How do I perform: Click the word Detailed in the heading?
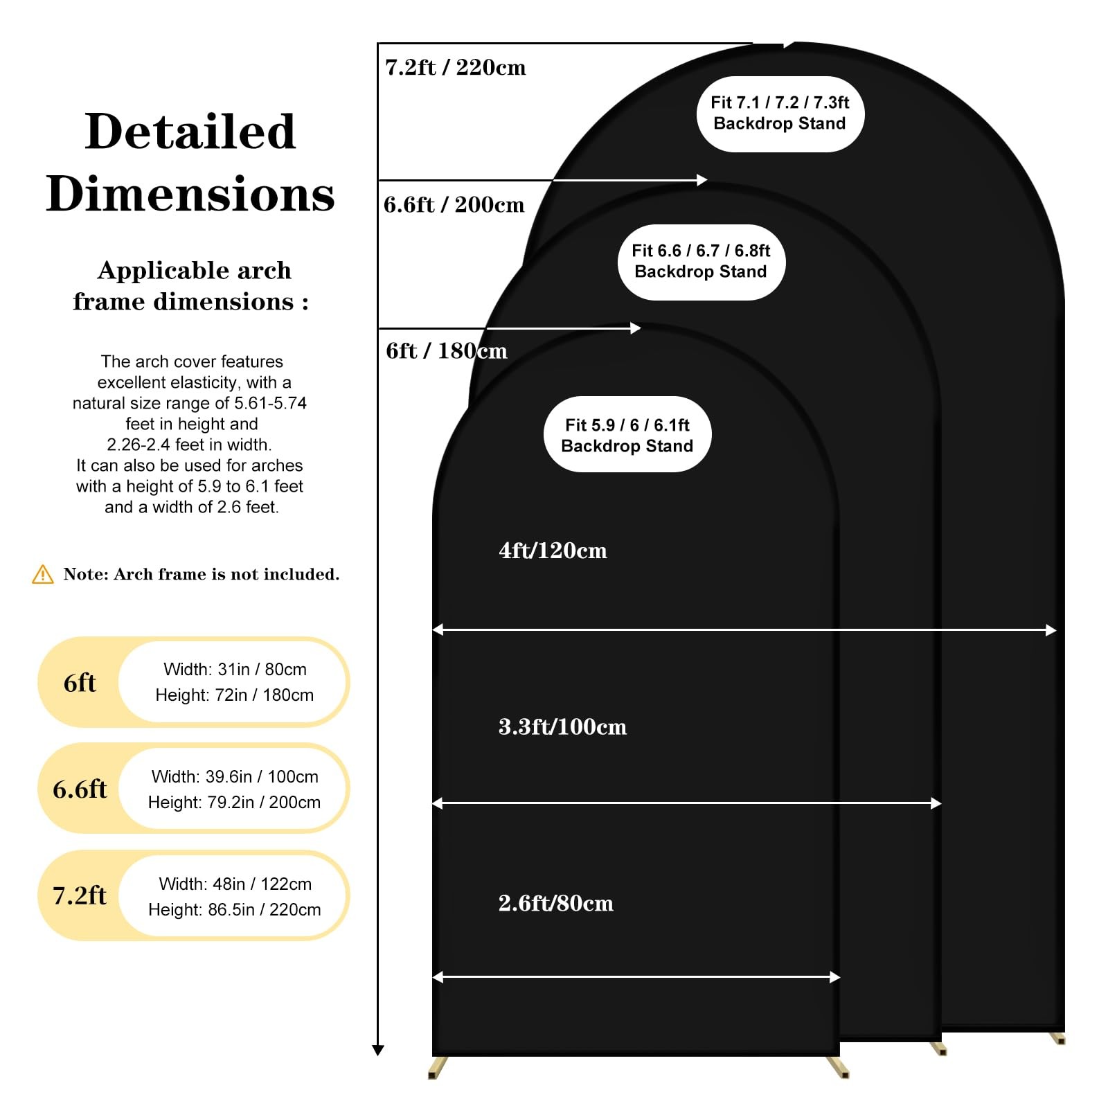point(190,131)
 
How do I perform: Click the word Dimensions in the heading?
point(190,193)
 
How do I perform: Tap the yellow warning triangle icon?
point(43,574)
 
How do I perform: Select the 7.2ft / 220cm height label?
point(455,67)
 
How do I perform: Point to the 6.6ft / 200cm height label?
point(454,204)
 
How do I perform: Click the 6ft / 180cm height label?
point(447,350)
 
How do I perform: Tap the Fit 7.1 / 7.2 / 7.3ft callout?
point(780,114)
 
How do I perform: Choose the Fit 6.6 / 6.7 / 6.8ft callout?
point(701,262)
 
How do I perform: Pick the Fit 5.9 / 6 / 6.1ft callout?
point(627,435)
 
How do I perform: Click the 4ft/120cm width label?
point(553,551)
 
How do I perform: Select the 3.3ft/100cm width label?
point(562,726)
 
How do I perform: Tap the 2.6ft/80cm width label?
point(555,903)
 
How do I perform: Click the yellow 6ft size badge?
point(79,682)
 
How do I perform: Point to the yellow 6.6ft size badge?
point(79,789)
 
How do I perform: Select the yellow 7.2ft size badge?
point(79,895)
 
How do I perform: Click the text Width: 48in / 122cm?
point(235,884)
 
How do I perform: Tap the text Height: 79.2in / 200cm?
point(234,802)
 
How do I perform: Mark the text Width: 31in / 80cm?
point(235,669)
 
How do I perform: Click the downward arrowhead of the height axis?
point(377,1050)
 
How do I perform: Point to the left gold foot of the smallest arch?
point(436,1067)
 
